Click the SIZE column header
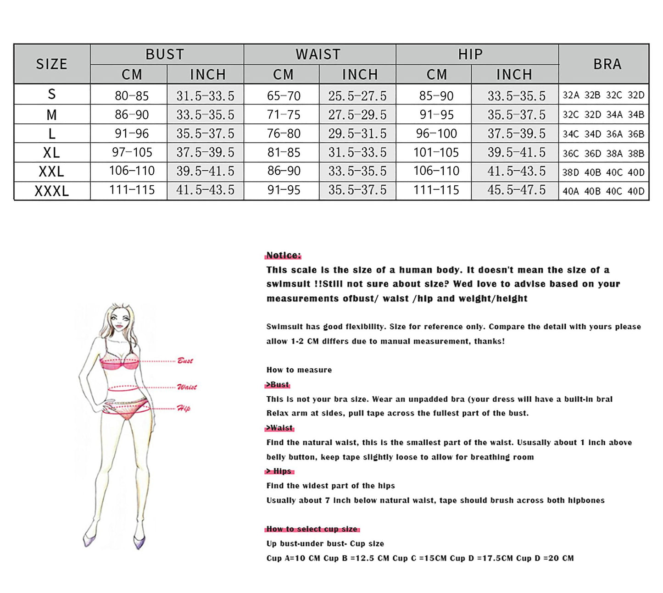[52, 64]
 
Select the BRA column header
[607, 64]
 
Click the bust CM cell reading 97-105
[132, 152]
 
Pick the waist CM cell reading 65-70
[284, 95]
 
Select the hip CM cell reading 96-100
[436, 133]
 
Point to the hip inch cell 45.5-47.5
[516, 190]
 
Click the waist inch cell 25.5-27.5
[357, 95]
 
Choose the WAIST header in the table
[318, 54]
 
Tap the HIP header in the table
[470, 54]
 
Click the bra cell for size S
[603, 95]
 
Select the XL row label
[52, 152]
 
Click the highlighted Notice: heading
[284, 255]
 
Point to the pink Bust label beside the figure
[185, 360]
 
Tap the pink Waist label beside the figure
[187, 387]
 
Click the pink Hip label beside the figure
[184, 408]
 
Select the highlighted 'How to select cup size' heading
[312, 529]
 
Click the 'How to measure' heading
[299, 370]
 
